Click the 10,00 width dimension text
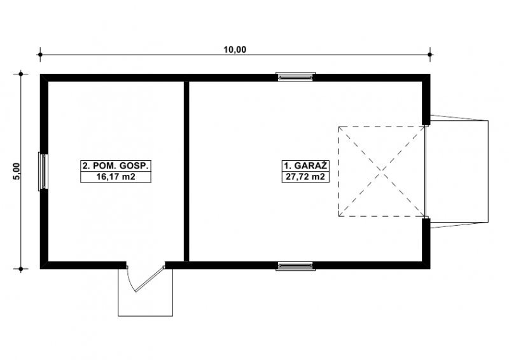(x=235, y=50)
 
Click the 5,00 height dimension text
(x=17, y=171)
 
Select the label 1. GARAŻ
(x=305, y=165)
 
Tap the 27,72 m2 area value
(x=305, y=177)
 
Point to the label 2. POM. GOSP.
(x=116, y=165)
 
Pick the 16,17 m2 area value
(x=116, y=177)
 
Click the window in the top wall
(x=295, y=76)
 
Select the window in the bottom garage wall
(x=295, y=267)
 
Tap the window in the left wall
(x=43, y=171)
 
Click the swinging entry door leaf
(x=149, y=279)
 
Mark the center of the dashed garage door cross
(x=382, y=171)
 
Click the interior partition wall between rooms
(x=186, y=171)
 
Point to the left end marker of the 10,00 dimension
(x=40, y=55)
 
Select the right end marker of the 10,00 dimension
(x=430, y=55)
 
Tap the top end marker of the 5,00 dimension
(x=21, y=74)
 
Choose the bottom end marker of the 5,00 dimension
(x=21, y=269)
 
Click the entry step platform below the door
(x=145, y=292)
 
